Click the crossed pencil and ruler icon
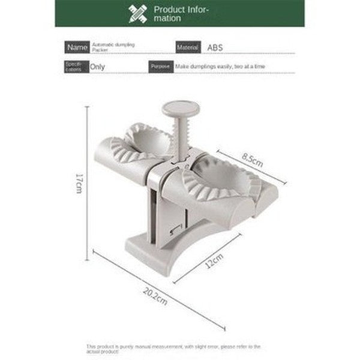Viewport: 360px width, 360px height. (x=138, y=13)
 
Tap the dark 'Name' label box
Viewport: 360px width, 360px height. (x=76, y=47)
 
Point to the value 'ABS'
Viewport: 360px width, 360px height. (x=215, y=47)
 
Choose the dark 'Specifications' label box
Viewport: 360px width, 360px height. (x=76, y=67)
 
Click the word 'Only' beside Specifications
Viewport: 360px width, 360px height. (x=97, y=67)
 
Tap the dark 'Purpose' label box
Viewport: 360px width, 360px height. (x=161, y=67)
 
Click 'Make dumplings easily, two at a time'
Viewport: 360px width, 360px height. (x=220, y=67)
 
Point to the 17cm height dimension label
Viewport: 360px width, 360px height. (x=79, y=183)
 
